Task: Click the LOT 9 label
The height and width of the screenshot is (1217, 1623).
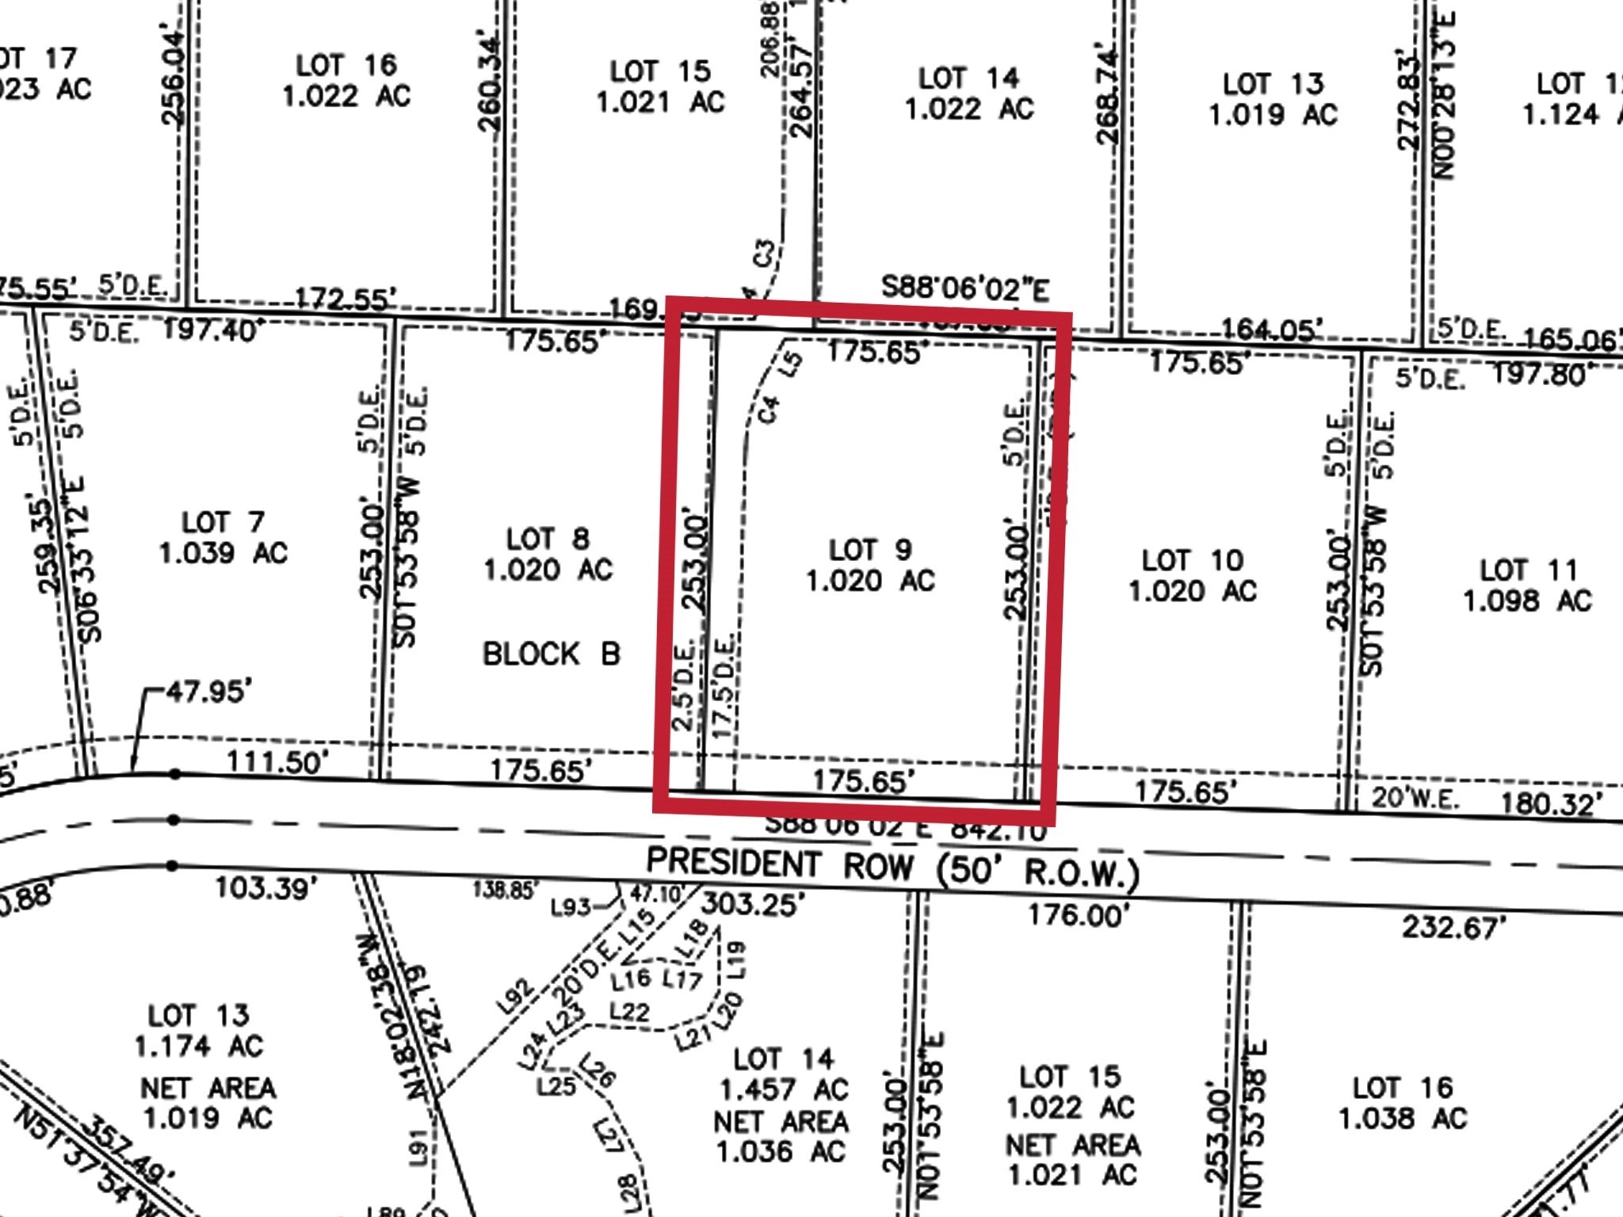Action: point(870,550)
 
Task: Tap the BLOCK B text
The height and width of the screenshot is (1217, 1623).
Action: point(551,654)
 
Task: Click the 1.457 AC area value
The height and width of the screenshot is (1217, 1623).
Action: point(784,1090)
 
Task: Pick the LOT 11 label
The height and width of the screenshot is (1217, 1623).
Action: point(1528,570)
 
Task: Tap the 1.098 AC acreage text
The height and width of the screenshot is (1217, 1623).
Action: point(1526,601)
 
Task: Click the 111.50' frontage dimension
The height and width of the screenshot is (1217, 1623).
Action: point(277,762)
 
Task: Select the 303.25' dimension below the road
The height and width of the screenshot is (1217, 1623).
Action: point(753,903)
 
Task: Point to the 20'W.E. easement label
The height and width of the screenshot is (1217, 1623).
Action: point(1415,798)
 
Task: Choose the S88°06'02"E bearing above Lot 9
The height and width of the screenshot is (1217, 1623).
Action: point(964,288)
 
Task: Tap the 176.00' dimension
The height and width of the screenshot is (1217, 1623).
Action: point(1078,916)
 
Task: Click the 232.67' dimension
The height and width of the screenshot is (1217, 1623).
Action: point(1452,927)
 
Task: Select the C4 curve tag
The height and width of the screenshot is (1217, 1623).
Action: point(769,409)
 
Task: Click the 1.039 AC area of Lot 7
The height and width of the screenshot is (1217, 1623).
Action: point(223,553)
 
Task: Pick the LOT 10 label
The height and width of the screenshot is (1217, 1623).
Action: point(1192,561)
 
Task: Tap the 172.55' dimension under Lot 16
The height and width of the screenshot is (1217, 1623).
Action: point(346,299)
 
